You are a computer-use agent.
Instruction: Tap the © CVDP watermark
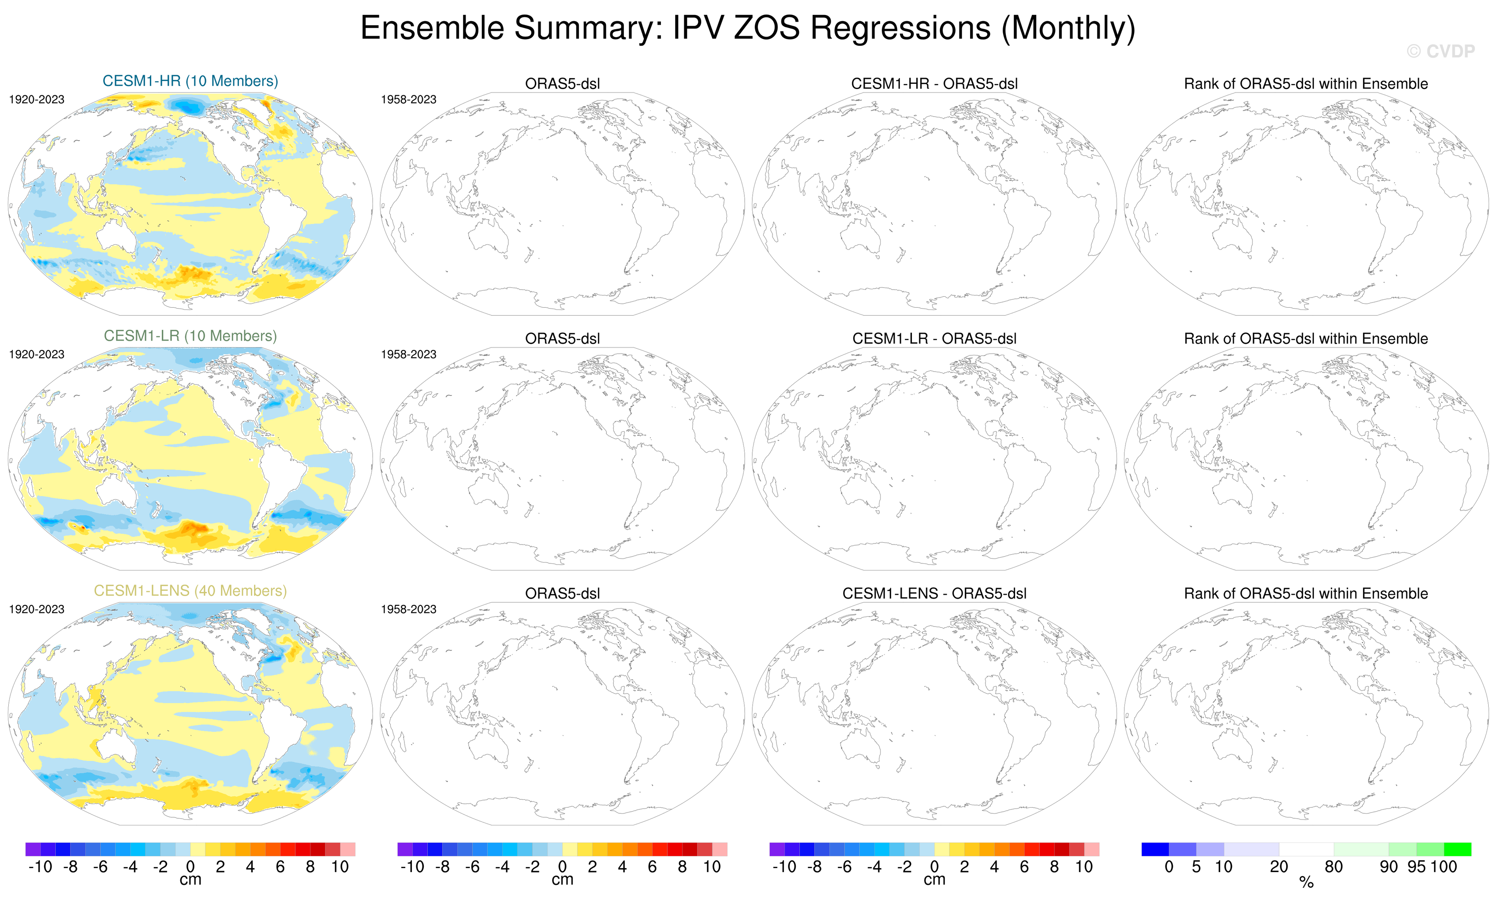[x=1441, y=52]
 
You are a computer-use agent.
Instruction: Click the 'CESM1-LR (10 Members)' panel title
[x=190, y=336]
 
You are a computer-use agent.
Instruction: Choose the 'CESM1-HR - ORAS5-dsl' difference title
[x=934, y=84]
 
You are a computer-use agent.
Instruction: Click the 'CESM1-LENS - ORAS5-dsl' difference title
[x=934, y=593]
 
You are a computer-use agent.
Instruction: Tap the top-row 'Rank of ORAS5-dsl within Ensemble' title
[x=1306, y=84]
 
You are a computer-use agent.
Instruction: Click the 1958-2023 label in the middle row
[x=408, y=354]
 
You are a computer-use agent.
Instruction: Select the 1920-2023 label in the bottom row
[x=37, y=609]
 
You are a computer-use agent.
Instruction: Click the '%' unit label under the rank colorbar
[x=1306, y=883]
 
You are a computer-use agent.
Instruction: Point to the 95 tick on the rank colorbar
[x=1416, y=867]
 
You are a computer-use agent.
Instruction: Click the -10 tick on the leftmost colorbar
[x=40, y=867]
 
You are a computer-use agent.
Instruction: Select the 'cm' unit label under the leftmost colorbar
[x=190, y=880]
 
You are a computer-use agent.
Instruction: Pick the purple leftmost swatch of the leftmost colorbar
[x=33, y=849]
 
